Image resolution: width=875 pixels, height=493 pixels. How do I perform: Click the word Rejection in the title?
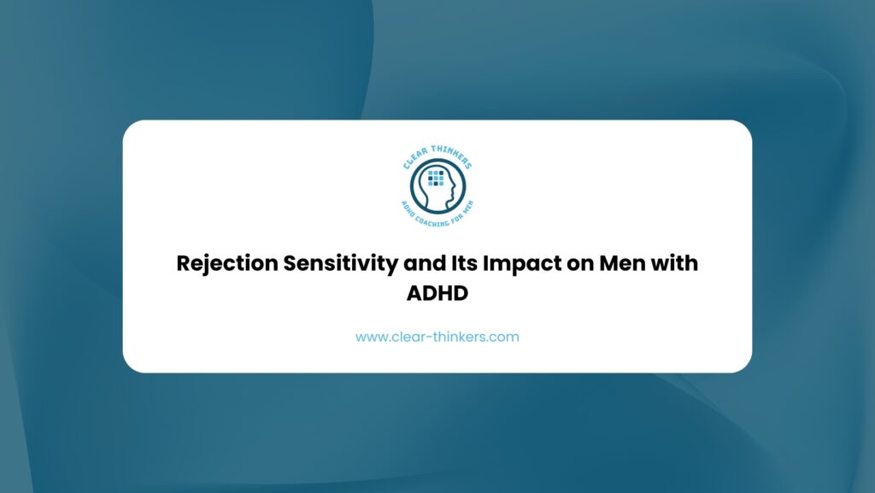(227, 263)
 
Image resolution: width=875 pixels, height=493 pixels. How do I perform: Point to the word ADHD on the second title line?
(437, 293)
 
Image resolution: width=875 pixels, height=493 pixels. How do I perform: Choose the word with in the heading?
(674, 262)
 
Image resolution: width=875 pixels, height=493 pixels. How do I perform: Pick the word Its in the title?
(464, 263)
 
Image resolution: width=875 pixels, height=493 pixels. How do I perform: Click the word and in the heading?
(425, 263)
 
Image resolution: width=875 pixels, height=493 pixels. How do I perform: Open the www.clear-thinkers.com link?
(437, 337)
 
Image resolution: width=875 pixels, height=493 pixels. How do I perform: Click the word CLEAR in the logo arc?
(414, 158)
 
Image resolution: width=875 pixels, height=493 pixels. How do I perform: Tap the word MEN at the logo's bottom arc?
(467, 207)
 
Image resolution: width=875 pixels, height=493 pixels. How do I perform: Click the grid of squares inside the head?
(436, 178)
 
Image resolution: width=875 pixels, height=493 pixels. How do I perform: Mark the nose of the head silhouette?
(455, 185)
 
